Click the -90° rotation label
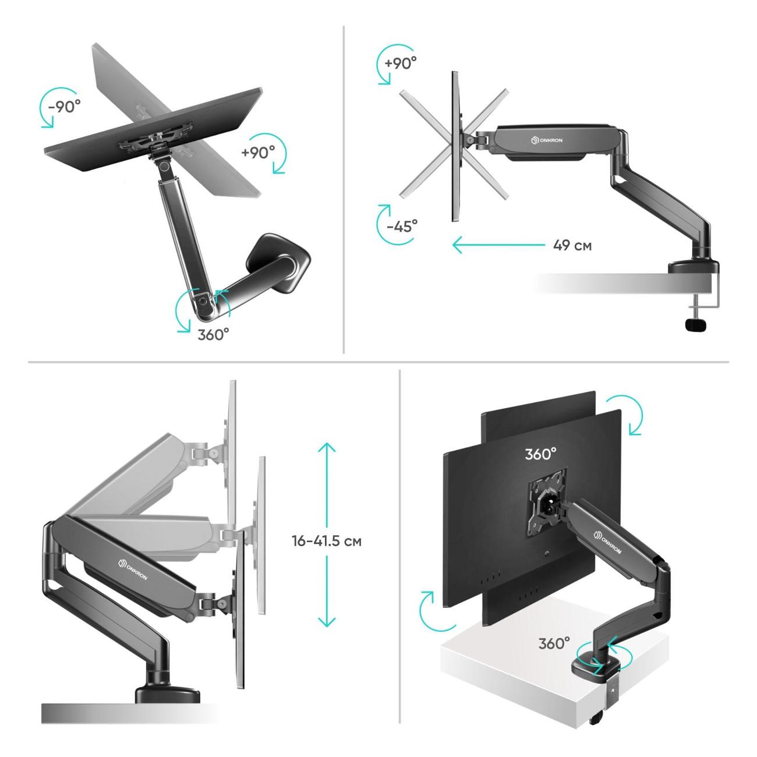coord(64,106)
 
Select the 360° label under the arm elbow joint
coord(213,335)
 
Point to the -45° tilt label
coord(402,226)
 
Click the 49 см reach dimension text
coord(572,246)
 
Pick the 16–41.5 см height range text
coord(327,541)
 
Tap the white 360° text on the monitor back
coord(540,454)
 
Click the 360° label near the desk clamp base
coord(554,643)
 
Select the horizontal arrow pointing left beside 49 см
coord(499,245)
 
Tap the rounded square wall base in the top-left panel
coord(278,263)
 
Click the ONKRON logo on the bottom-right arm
coord(607,542)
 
